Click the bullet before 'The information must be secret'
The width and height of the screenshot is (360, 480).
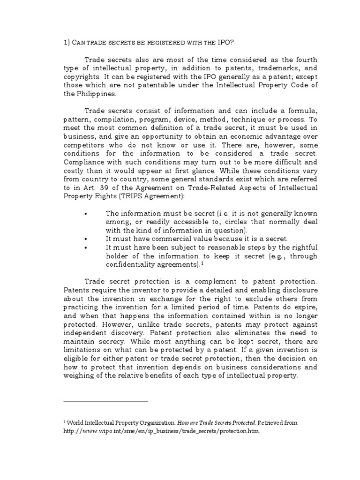click(86, 213)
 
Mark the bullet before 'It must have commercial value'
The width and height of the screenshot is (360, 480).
click(86, 239)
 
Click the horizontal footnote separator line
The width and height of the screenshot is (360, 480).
click(105, 401)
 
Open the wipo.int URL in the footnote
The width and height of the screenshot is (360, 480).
click(161, 431)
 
